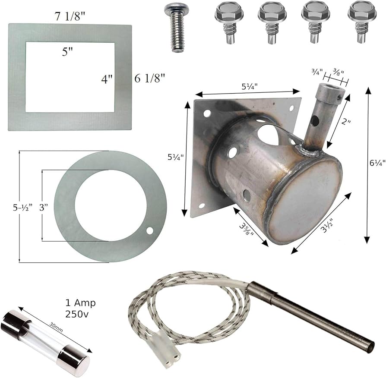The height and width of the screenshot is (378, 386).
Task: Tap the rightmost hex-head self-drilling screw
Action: click(x=362, y=22)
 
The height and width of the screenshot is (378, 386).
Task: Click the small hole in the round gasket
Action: click(x=149, y=231)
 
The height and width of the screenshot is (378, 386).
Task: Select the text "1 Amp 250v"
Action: click(x=80, y=308)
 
